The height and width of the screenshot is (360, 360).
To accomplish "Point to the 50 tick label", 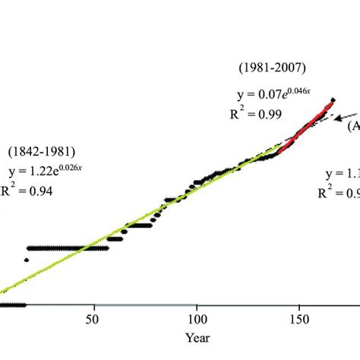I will coord(94,320).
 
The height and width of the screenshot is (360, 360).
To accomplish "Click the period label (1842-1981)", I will coord(43,152).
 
